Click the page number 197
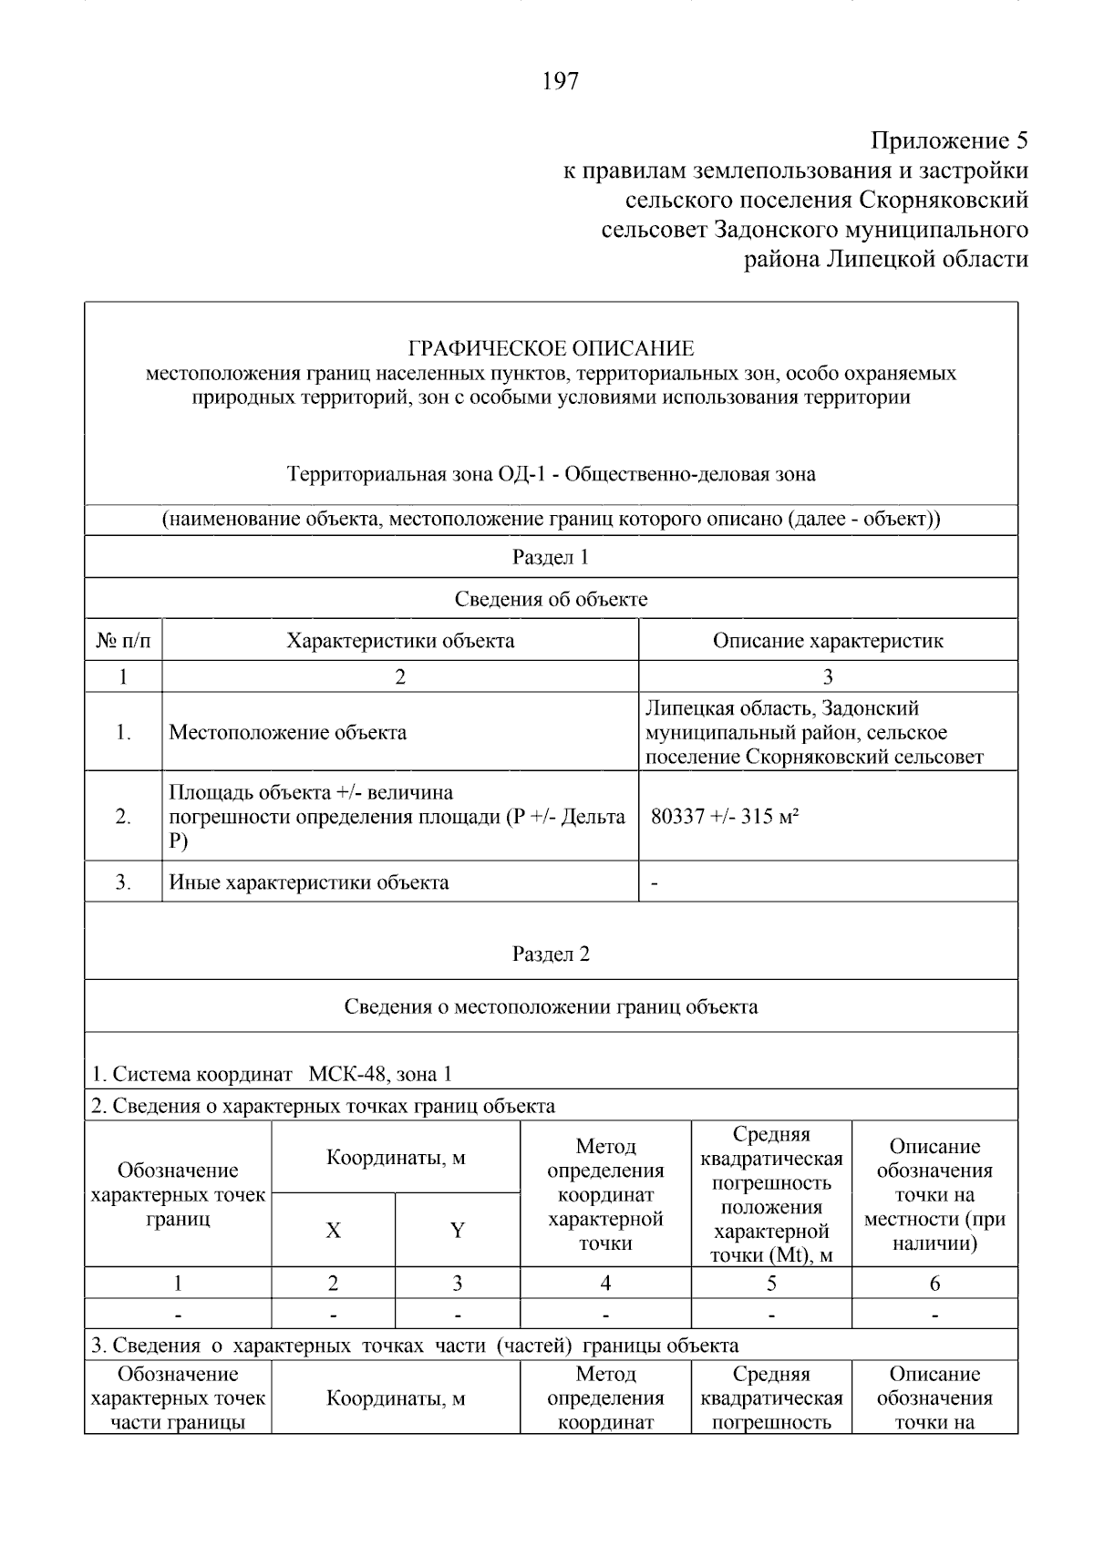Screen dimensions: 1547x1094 (x=560, y=82)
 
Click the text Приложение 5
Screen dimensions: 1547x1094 (x=949, y=141)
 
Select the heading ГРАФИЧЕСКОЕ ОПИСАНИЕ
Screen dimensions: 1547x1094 (x=551, y=348)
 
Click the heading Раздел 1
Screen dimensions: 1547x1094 (x=551, y=557)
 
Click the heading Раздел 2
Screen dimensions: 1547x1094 (x=551, y=954)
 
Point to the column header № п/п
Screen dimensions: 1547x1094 (x=123, y=641)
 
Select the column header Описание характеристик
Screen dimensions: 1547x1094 (x=828, y=641)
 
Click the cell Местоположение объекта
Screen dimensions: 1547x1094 (x=288, y=733)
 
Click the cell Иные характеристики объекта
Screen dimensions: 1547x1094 (x=309, y=882)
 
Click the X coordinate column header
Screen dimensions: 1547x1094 (x=334, y=1231)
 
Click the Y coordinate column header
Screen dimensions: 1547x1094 (x=458, y=1231)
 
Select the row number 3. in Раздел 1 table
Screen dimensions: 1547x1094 (x=123, y=882)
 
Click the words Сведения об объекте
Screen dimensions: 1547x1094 (x=551, y=599)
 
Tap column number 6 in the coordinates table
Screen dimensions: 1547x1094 (x=934, y=1284)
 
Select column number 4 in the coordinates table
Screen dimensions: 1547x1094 (x=605, y=1284)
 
